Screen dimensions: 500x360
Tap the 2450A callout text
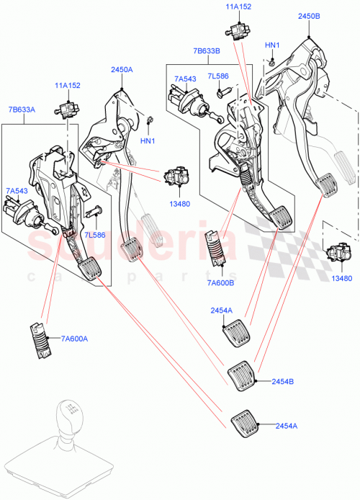click(x=122, y=70)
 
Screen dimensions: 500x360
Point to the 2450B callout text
click(x=309, y=16)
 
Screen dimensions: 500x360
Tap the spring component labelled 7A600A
click(x=42, y=337)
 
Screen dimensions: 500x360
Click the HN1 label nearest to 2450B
click(x=272, y=45)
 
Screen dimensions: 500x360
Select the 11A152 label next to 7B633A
click(x=68, y=86)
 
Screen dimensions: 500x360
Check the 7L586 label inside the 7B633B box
click(x=218, y=76)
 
